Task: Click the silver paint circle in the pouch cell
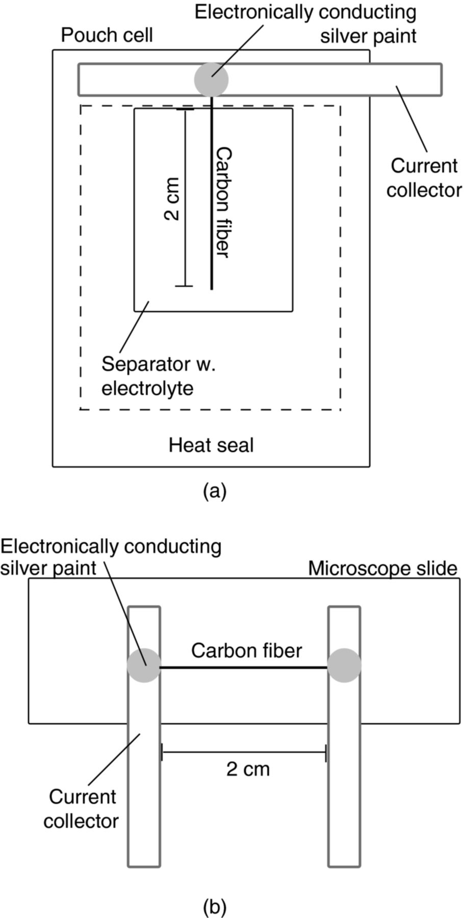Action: (x=211, y=80)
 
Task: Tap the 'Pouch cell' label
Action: (x=107, y=35)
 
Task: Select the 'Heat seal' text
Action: (x=211, y=445)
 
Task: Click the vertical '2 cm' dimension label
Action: (x=172, y=198)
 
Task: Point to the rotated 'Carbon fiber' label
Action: (x=223, y=202)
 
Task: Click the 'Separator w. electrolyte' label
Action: (x=158, y=376)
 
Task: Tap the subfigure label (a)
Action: (x=214, y=491)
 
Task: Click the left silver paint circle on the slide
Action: (x=144, y=665)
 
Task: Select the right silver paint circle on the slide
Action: (x=344, y=665)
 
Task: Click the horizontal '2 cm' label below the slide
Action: (x=248, y=769)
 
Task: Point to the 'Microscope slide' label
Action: (x=382, y=568)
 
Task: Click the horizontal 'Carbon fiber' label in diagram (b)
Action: (x=246, y=651)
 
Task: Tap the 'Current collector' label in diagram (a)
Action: (x=424, y=178)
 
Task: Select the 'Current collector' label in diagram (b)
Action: (x=81, y=808)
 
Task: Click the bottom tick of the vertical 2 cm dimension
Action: (x=184, y=286)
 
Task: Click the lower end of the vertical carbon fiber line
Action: (x=212, y=288)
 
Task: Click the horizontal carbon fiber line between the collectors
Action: (x=244, y=667)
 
